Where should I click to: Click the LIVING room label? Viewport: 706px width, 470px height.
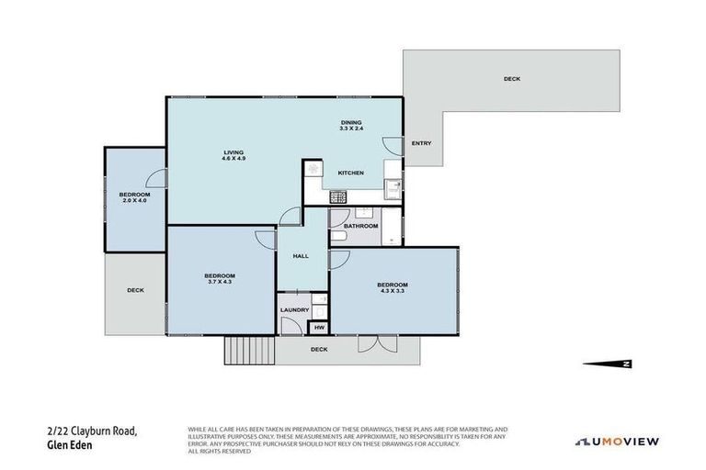(x=233, y=152)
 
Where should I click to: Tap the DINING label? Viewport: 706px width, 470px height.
(x=351, y=122)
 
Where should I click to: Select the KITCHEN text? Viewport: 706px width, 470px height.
(x=350, y=173)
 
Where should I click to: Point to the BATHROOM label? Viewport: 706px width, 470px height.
(x=360, y=226)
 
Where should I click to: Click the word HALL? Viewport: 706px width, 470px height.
(x=300, y=257)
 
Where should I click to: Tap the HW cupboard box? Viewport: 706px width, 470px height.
(x=319, y=328)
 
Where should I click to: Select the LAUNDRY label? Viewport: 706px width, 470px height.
(x=294, y=310)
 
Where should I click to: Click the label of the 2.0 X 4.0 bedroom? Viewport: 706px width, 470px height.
(x=134, y=194)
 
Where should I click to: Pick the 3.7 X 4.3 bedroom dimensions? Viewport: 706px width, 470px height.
(x=220, y=281)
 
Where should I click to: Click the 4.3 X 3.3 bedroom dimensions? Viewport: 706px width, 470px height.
(x=392, y=290)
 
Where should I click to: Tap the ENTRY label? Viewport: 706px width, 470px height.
(x=421, y=143)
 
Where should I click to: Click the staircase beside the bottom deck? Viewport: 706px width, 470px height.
(x=249, y=349)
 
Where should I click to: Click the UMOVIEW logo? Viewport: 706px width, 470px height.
(x=617, y=442)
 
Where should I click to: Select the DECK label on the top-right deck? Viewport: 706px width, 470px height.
(x=511, y=79)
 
